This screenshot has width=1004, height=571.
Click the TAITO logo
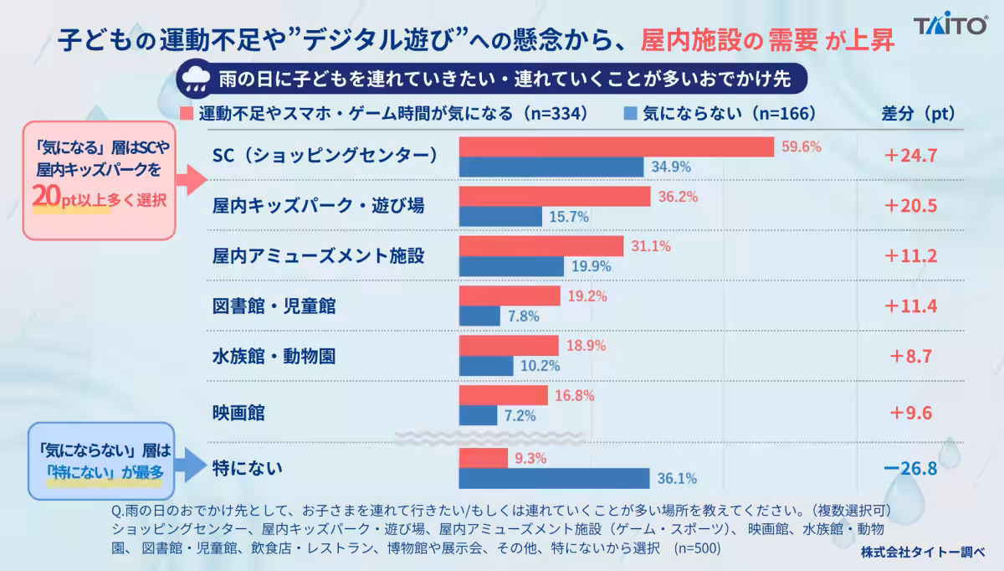pyautogui.click(x=950, y=23)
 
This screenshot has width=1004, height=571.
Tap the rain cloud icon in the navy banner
pyautogui.click(x=196, y=79)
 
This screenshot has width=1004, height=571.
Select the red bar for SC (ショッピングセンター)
pyautogui.click(x=617, y=147)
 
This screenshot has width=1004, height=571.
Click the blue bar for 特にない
pyautogui.click(x=554, y=478)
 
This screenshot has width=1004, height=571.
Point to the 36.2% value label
pyautogui.click(x=678, y=197)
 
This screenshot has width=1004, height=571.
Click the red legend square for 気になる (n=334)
pyautogui.click(x=187, y=114)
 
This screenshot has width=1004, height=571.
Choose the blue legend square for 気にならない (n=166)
pyautogui.click(x=630, y=114)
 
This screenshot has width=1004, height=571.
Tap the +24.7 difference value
pyautogui.click(x=910, y=155)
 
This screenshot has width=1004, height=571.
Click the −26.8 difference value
pyautogui.click(x=910, y=468)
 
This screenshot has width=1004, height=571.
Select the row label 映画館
pyautogui.click(x=238, y=413)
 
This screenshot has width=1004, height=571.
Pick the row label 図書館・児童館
pyautogui.click(x=274, y=306)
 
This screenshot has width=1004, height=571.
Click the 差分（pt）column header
pyautogui.click(x=919, y=114)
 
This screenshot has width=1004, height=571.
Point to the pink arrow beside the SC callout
pyautogui.click(x=192, y=180)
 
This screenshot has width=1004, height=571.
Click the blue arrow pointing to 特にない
pyautogui.click(x=191, y=465)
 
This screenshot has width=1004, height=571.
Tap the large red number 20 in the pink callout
pyautogui.click(x=47, y=196)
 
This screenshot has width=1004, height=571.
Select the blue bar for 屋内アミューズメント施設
pyautogui.click(x=511, y=266)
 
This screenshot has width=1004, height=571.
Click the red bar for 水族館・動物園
pyautogui.click(x=509, y=346)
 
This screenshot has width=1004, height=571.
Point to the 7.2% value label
pyautogui.click(x=520, y=416)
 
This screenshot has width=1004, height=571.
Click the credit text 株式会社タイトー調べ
pyautogui.click(x=922, y=552)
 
